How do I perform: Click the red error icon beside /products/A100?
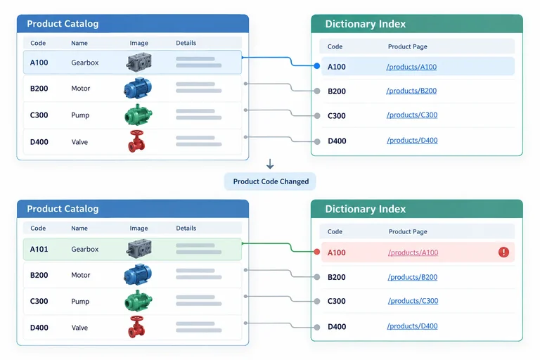(503, 252)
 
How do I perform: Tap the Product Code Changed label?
(271, 181)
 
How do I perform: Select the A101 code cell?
(39, 249)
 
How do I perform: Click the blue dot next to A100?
(317, 66)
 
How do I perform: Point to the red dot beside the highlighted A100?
(317, 252)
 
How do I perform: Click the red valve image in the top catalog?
(136, 141)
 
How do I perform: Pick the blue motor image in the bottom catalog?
(138, 274)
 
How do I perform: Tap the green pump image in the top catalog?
(138, 115)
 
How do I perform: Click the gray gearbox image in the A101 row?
(139, 249)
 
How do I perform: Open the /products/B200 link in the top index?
(411, 91)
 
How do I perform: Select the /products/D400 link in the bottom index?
(412, 326)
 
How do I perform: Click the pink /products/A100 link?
(413, 252)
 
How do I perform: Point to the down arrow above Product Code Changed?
(270, 164)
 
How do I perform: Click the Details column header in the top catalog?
(186, 43)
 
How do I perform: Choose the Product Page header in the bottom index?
(408, 231)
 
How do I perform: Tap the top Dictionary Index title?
(366, 24)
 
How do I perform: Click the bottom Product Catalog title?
(63, 209)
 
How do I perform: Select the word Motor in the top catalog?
(81, 89)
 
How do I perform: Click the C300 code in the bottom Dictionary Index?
(337, 301)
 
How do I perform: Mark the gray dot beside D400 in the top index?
(317, 141)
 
